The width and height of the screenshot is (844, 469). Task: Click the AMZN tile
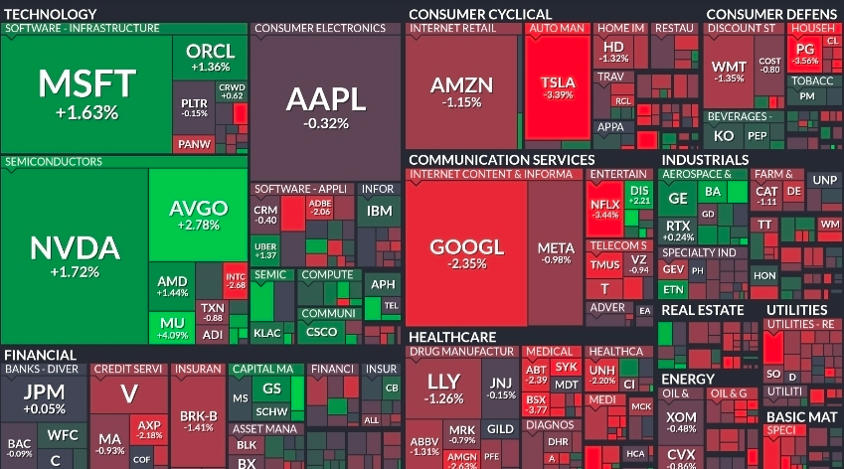point(461,90)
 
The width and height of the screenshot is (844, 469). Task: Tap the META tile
point(555,252)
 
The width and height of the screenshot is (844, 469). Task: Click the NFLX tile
point(604,209)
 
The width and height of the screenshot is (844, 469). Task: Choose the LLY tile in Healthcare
point(443,388)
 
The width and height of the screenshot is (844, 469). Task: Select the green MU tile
point(171,327)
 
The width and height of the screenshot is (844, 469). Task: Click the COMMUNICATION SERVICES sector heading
point(501,159)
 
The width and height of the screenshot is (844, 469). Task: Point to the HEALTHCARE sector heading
point(451,337)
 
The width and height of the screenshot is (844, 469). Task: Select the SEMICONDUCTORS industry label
point(54,161)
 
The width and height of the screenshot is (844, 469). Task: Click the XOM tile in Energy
point(681,421)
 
